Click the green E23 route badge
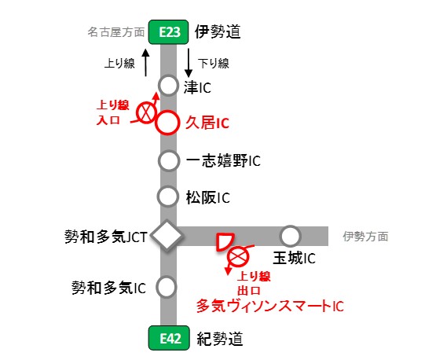coord(168,32)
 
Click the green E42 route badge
coord(168,340)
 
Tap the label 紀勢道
coord(219,340)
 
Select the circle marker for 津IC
coord(168,85)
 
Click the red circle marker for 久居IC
coord(168,123)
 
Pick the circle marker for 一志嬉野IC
coord(168,160)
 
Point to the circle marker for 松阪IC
coord(168,196)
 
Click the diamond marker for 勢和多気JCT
coord(167,235)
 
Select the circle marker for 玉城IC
coord(291,235)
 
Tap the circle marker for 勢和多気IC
coord(167,287)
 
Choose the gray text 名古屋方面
coord(116,33)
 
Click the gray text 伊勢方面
coord(365,235)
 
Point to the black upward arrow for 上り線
coord(145,62)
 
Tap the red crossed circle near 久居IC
coord(146,113)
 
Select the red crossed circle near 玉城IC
coord(237,256)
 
